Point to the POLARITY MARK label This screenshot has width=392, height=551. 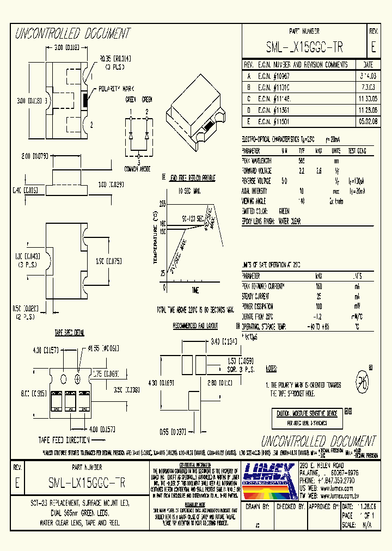pos(112,89)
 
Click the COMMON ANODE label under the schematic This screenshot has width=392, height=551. pos(138,168)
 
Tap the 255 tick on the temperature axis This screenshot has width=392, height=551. pos(162,203)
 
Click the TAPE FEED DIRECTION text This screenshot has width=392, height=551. pos(64,439)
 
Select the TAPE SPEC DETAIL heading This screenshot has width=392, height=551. pos(69,332)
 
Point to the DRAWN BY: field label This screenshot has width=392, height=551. pos(259,506)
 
